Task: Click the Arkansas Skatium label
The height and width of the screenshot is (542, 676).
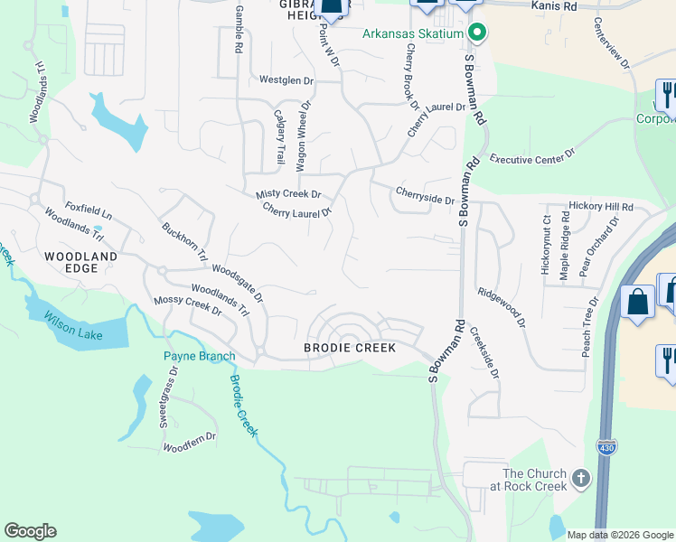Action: (x=413, y=34)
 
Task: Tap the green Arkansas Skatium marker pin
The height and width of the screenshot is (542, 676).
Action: (x=477, y=34)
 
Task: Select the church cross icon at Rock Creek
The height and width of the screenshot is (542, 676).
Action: (x=580, y=478)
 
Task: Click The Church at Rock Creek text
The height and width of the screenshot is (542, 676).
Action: (x=535, y=480)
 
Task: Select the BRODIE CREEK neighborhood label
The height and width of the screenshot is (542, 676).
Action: (x=349, y=347)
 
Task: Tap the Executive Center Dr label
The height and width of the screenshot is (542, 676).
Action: (x=532, y=158)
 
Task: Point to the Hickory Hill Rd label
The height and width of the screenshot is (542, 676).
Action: (x=601, y=206)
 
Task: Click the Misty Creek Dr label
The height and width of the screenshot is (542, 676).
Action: (x=288, y=194)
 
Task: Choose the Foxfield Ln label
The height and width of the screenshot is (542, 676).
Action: (x=88, y=212)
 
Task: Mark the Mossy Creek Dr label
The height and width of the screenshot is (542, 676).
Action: (x=188, y=304)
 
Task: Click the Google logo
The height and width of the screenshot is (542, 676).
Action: (x=30, y=531)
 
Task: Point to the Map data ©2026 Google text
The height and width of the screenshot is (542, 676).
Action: (x=620, y=535)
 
